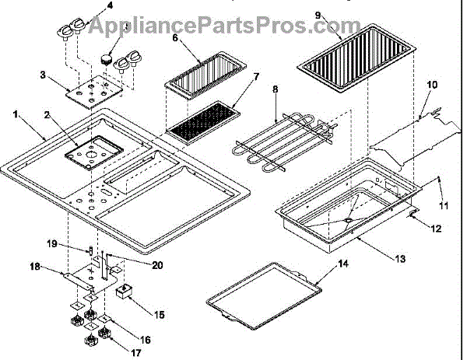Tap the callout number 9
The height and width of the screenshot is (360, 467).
[318, 15]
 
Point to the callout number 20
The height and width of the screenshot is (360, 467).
[157, 266]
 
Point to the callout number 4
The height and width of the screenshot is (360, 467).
[110, 6]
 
